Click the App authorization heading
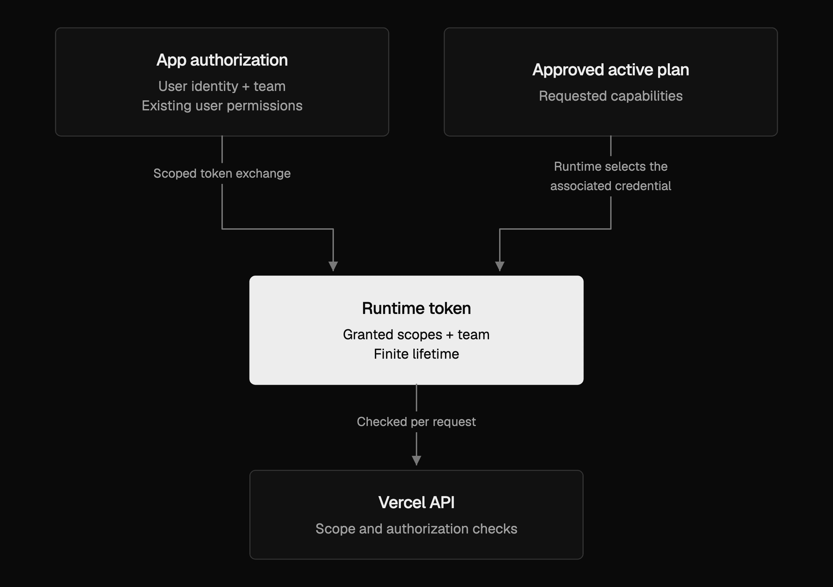pos(222,60)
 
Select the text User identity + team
pos(222,86)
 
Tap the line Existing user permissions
pos(222,106)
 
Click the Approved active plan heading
pos(610,70)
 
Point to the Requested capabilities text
pos(610,96)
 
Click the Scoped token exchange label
pos(222,173)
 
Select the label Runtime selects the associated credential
pos(610,176)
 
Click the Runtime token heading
pos(416,308)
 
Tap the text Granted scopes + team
pos(416,335)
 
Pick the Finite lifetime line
pos(416,354)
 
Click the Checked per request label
pos(416,422)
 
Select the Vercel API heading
pos(416,502)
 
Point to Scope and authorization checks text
pos(416,529)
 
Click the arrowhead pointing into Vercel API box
pos(416,460)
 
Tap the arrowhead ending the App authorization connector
pos(333,266)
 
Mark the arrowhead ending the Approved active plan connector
pos(499,266)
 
